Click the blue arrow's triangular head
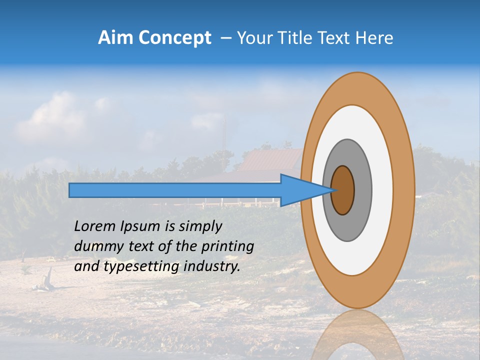tap(300, 190)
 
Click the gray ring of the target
tap(362, 190)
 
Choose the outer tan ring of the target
tap(403, 190)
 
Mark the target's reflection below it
tap(357, 335)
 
